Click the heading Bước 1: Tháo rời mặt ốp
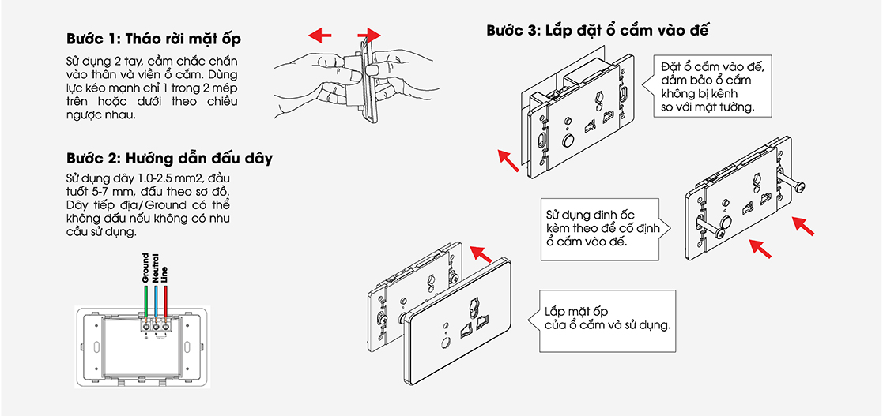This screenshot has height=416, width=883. [x=153, y=39]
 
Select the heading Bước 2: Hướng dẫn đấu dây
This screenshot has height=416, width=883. [x=169, y=158]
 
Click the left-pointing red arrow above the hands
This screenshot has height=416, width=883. [x=320, y=35]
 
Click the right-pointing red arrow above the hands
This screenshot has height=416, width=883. [x=368, y=35]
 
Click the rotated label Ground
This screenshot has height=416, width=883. [x=146, y=268]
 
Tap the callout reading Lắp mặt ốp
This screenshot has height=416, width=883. [x=606, y=320]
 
